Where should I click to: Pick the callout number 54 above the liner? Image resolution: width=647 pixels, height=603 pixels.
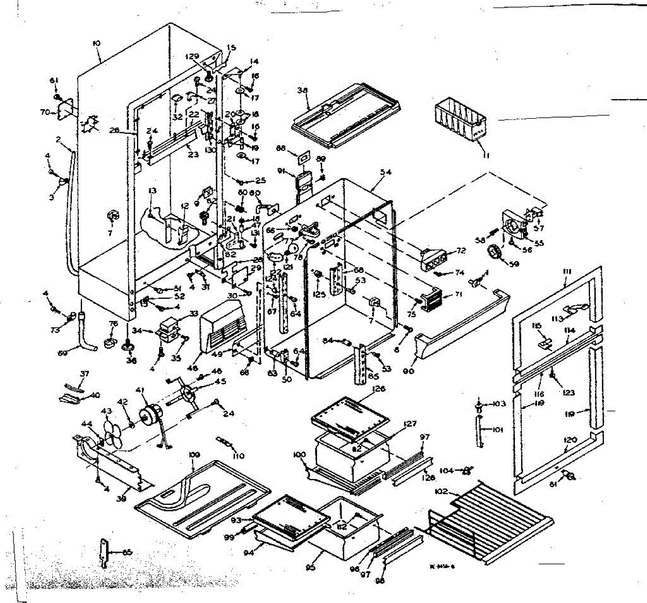pyautogui.click(x=385, y=172)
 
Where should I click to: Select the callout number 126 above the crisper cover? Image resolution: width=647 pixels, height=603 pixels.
pyautogui.click(x=379, y=389)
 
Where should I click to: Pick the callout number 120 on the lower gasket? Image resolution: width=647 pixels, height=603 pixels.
pyautogui.click(x=570, y=440)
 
